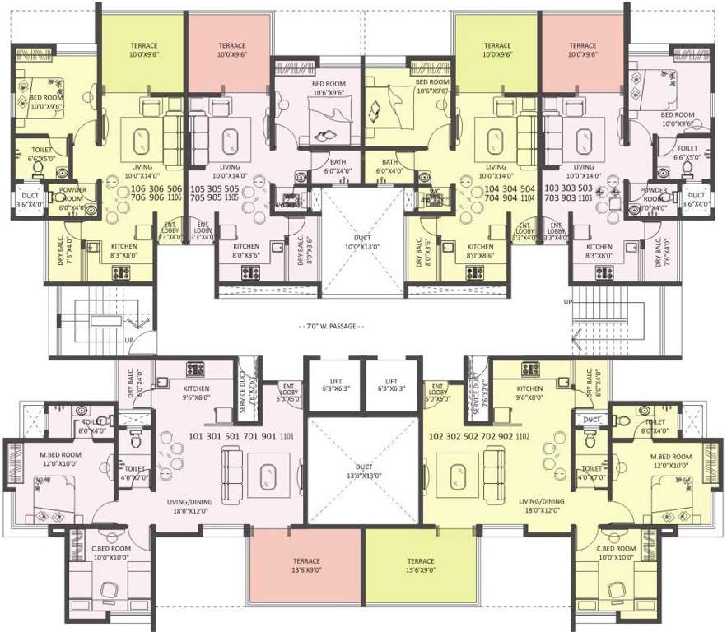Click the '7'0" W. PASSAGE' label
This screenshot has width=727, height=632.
coord(329,326)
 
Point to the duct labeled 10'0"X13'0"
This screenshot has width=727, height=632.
coord(363,240)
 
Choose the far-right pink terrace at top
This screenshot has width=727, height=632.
coord(582,50)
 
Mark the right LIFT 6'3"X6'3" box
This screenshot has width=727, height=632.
coord(392,385)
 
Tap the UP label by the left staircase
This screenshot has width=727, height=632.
coord(128,339)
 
